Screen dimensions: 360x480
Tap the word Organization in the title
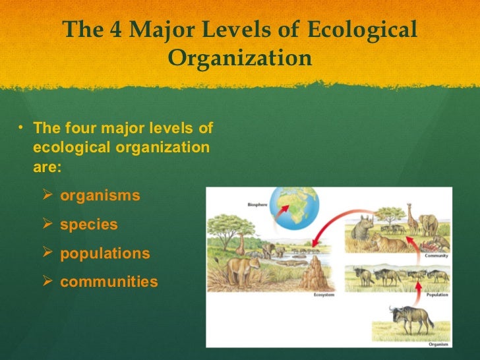pos(240,59)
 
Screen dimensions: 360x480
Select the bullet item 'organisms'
pos(100,196)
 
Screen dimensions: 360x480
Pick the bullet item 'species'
pos(89,225)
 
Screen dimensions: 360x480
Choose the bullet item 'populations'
pos(105,254)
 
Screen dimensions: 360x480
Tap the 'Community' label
pos(436,255)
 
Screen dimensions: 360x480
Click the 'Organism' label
pos(438,342)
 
